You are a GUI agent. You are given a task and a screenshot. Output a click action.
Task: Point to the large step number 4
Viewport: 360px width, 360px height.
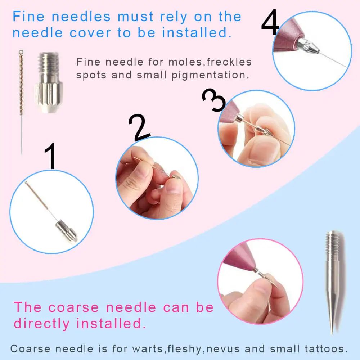point(270,22)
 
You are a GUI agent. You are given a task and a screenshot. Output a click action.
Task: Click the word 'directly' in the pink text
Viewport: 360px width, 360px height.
point(42,323)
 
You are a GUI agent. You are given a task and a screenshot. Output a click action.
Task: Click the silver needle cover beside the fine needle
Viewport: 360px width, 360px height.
point(48,83)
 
